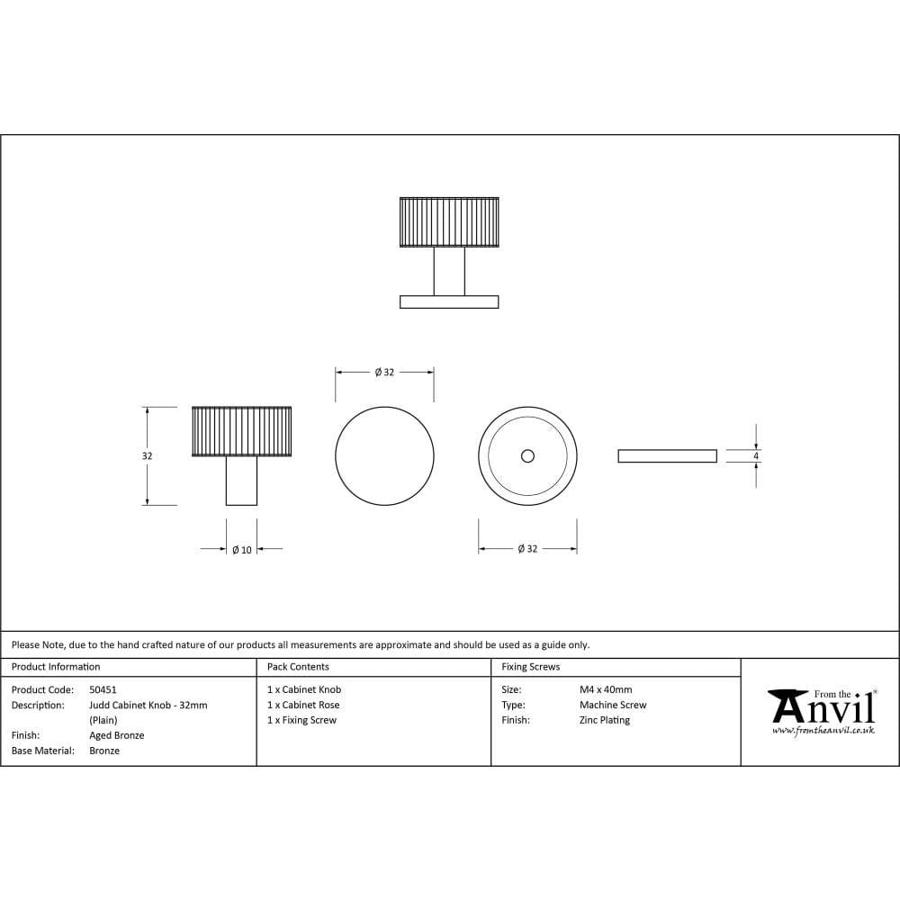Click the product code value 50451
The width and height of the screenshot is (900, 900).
pos(103,689)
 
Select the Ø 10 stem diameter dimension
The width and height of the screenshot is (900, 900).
pos(241,549)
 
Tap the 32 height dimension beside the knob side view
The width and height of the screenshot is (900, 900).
pos(147,456)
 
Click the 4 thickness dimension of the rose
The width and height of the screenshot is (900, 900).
pos(756,456)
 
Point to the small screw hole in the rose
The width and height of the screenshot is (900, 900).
pos(527,456)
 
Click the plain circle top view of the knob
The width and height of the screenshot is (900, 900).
pos(384,456)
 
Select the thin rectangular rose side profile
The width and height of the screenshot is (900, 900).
pos(667,456)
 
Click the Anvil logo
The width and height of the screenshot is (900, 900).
pos(822,707)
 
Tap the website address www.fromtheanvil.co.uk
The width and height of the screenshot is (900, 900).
pos(823,731)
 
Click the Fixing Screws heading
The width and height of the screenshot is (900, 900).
pos(530,667)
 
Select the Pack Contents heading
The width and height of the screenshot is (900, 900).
pos(298,667)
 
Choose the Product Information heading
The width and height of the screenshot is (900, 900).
pos(56,667)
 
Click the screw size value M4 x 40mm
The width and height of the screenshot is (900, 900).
pos(606,689)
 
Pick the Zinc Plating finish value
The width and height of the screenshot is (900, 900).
pos(605,720)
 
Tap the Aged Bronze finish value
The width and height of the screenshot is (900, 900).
pos(117,735)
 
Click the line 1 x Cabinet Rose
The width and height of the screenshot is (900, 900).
pos(303,705)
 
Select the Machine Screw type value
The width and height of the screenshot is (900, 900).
pos(613,705)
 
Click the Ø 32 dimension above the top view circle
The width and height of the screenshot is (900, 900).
pos(384,372)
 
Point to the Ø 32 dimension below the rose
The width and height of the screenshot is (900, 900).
pos(527,549)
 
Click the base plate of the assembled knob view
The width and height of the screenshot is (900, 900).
pos(449,301)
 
